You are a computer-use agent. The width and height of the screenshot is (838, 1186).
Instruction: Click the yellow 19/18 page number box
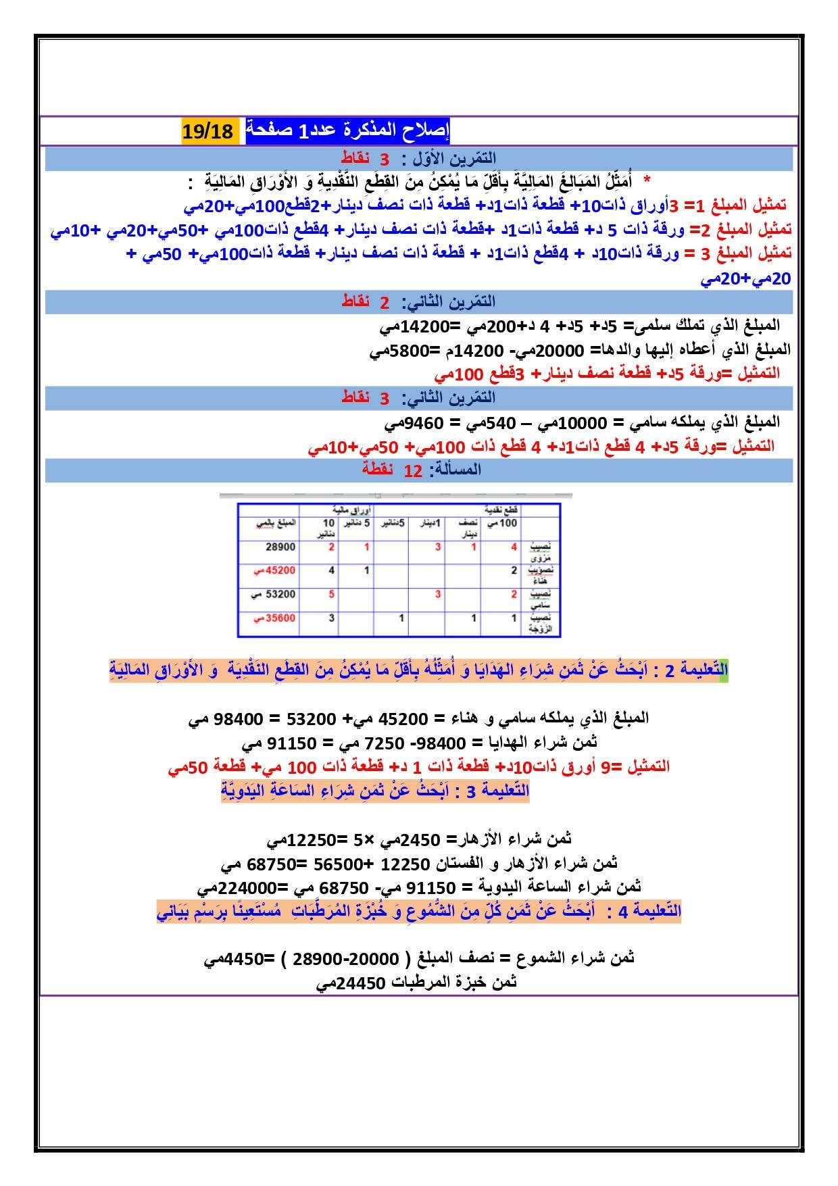(x=207, y=130)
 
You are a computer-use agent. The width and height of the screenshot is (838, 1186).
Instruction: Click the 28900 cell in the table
(x=280, y=547)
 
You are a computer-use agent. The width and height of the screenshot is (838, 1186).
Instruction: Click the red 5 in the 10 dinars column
(x=332, y=594)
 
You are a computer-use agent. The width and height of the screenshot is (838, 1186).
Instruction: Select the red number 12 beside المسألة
(x=413, y=470)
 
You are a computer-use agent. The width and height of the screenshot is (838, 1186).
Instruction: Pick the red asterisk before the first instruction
(x=647, y=180)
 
